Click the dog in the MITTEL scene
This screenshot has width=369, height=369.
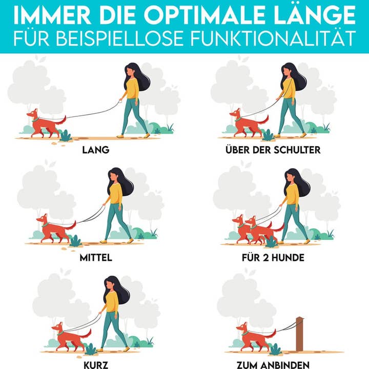54,229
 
